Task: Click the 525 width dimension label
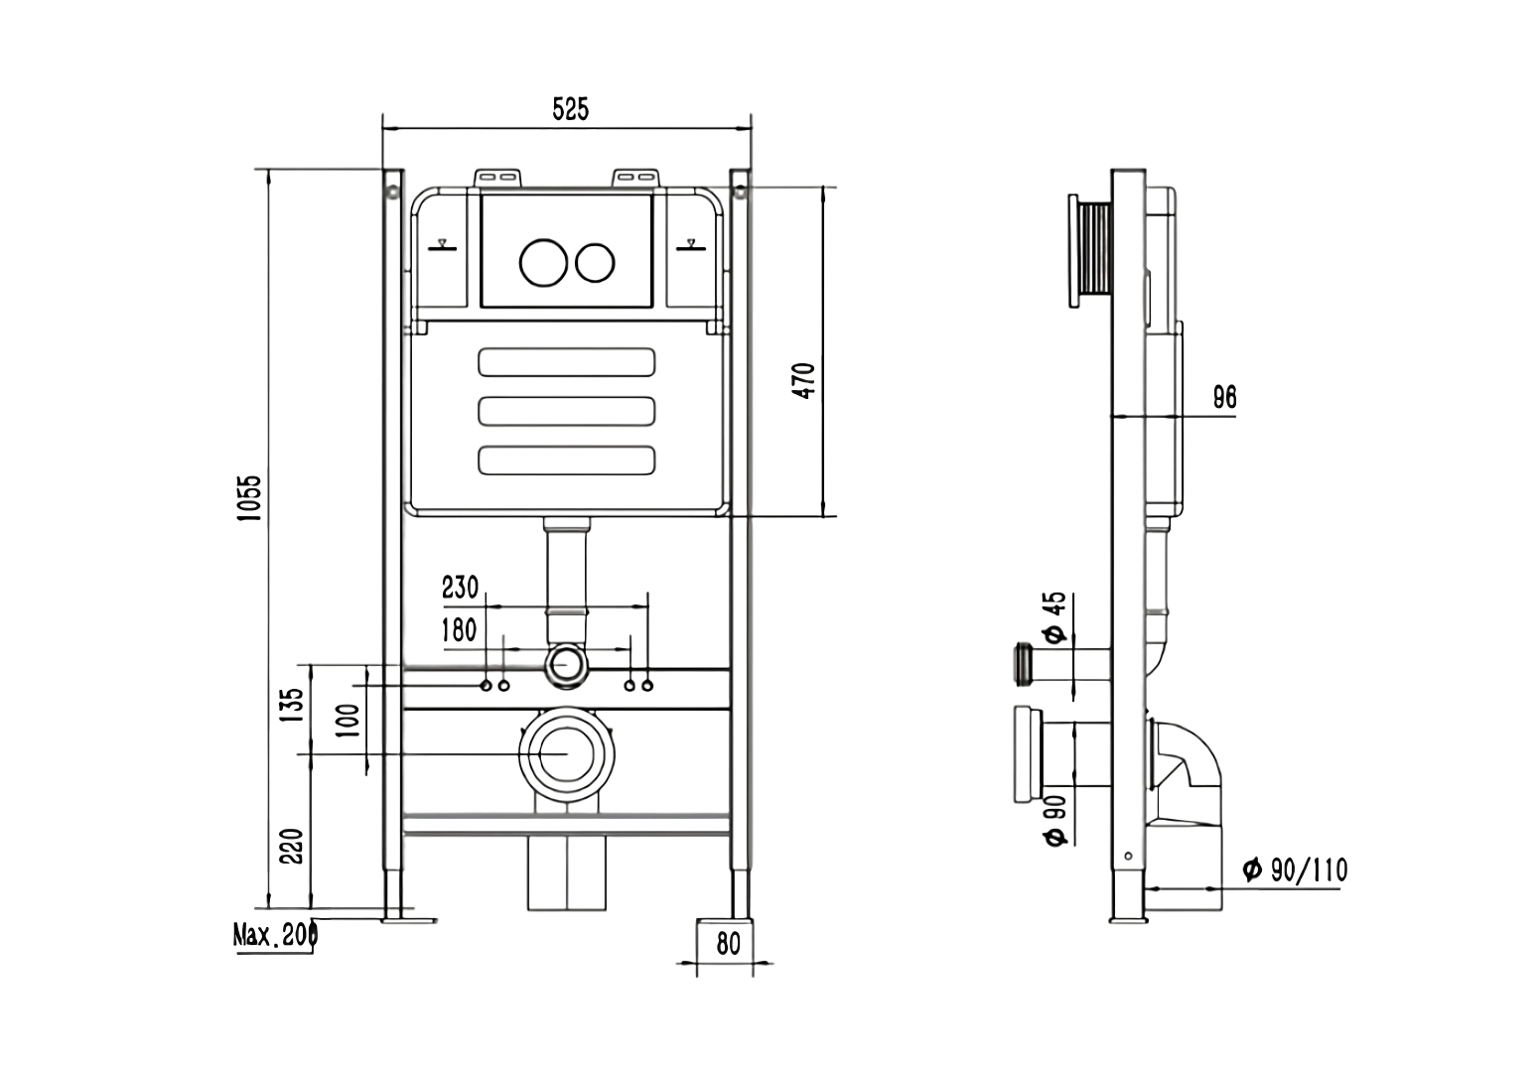tap(570, 109)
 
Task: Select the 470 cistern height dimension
tap(804, 381)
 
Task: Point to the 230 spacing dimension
tap(460, 588)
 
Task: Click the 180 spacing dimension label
tap(458, 629)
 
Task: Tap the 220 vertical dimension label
tap(291, 846)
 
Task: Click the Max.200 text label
tap(274, 935)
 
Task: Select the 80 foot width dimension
tap(728, 943)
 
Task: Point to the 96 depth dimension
tap(1224, 398)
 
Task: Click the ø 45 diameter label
tap(1053, 617)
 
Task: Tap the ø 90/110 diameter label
tap(1296, 871)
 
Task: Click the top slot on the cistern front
tap(566, 361)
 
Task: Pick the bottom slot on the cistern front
tap(566, 460)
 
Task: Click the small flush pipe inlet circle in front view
tap(566, 665)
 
